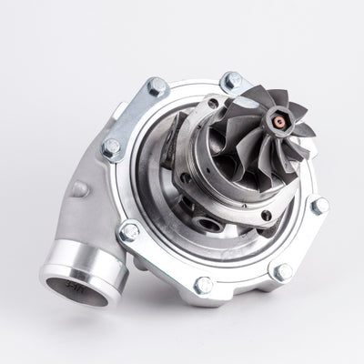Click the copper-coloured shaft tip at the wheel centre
coord(276,118)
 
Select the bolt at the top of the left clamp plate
coord(157,86)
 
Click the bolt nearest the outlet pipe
coord(130,229)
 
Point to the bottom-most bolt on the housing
coord(204,284)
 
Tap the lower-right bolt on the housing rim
coord(283,271)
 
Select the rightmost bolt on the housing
coord(318,206)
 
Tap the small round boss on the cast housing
coord(80,189)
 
